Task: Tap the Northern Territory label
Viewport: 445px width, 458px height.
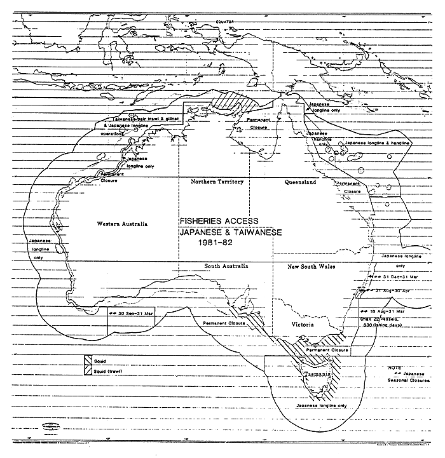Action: [x=217, y=182]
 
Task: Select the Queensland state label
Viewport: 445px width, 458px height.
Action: [x=301, y=182]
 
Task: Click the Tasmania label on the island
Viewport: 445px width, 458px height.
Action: [x=316, y=375]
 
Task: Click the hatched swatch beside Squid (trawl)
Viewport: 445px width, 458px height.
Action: [x=86, y=370]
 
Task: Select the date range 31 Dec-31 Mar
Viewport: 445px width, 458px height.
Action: [x=402, y=277]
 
